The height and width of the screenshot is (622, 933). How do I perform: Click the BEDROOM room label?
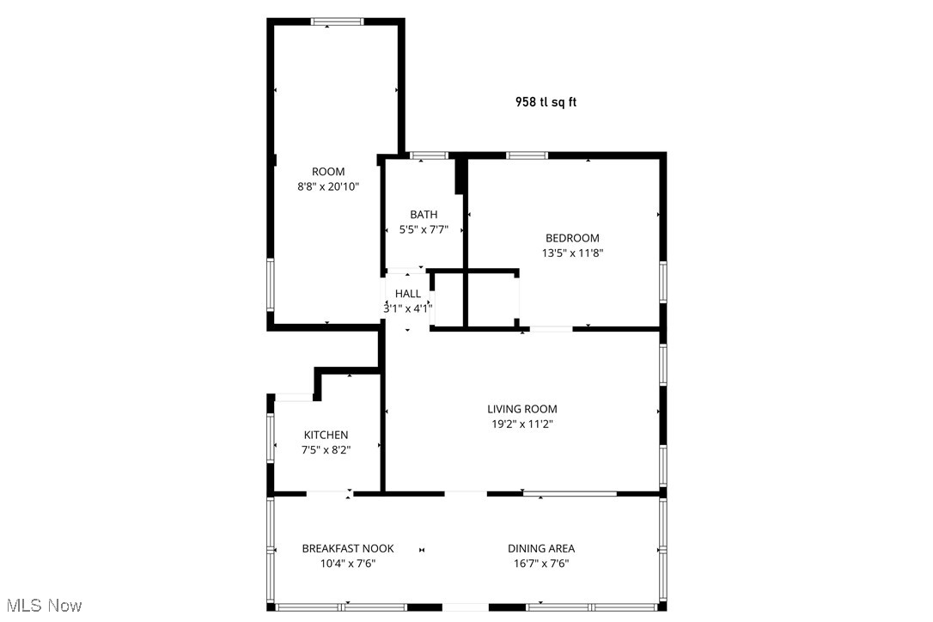[572, 238]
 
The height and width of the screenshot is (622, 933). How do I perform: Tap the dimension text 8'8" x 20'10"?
[327, 186]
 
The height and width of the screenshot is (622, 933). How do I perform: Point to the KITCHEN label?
[326, 435]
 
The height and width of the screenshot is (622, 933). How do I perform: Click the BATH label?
[424, 215]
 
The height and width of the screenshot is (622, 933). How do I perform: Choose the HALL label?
[408, 294]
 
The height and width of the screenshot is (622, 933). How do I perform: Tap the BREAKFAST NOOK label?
[348, 548]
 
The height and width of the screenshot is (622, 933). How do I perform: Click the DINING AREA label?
[541, 548]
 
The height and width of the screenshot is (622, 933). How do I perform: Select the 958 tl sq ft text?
[546, 101]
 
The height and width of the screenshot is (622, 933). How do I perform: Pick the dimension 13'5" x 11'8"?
[572, 253]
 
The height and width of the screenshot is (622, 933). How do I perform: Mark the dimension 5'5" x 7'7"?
[424, 229]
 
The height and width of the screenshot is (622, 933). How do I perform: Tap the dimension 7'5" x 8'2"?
[326, 449]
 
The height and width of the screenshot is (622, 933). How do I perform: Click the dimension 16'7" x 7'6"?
[541, 564]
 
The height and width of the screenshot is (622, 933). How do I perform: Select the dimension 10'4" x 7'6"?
[348, 564]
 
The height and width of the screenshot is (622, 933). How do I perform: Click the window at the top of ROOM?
[338, 22]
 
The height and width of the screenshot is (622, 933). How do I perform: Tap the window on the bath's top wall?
[429, 155]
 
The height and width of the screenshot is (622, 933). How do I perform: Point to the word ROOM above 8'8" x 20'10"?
[327, 171]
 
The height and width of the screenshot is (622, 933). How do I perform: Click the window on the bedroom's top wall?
[527, 155]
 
